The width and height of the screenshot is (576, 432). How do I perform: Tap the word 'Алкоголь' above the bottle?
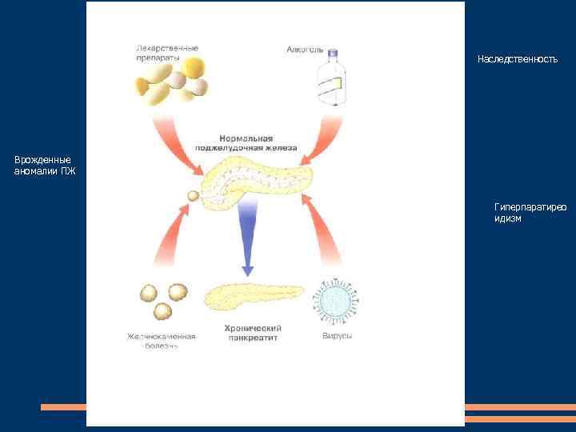tap(305, 50)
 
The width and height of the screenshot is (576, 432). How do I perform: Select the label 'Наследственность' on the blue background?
tap(517, 59)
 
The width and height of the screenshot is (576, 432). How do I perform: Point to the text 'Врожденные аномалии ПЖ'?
tap(44, 165)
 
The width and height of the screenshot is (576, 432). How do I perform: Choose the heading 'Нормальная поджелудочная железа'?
tap(246, 143)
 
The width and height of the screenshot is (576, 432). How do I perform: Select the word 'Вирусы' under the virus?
tap(337, 336)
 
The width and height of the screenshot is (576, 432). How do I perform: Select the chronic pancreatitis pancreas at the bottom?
tap(252, 297)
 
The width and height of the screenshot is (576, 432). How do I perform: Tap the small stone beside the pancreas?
tap(193, 195)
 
